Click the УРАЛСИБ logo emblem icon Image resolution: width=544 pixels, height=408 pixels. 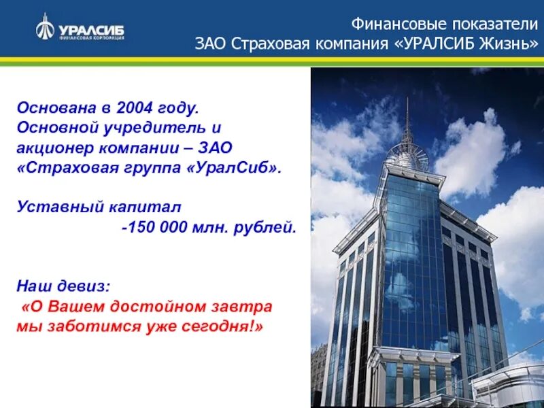(x=46, y=27)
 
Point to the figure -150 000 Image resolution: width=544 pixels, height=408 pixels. (x=152, y=227)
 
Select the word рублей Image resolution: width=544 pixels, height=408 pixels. (x=271, y=227)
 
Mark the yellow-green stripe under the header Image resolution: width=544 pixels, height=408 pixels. (x=272, y=61)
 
